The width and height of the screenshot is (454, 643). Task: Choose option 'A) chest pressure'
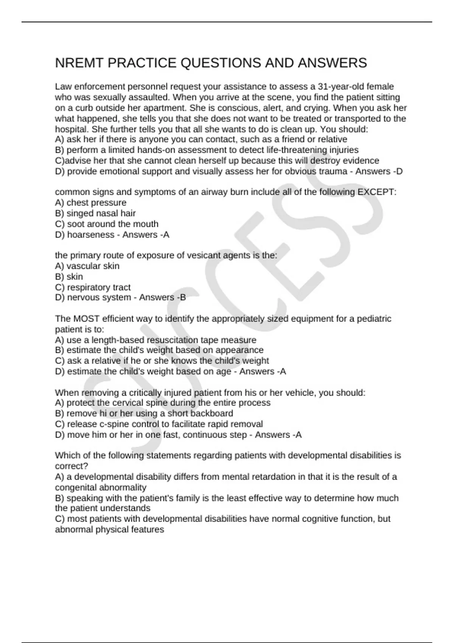pyautogui.click(x=91, y=203)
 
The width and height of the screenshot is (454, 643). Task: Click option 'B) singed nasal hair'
pyautogui.click(x=95, y=213)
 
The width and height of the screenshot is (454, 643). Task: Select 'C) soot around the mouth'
pyautogui.click(x=107, y=224)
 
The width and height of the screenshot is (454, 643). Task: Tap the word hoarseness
pyautogui.click(x=90, y=235)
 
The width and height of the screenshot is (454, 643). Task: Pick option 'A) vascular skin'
pyautogui.click(x=87, y=266)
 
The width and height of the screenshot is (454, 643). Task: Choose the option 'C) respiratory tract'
pyautogui.click(x=93, y=287)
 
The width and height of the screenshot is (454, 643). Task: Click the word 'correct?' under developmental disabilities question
pyautogui.click(x=72, y=466)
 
